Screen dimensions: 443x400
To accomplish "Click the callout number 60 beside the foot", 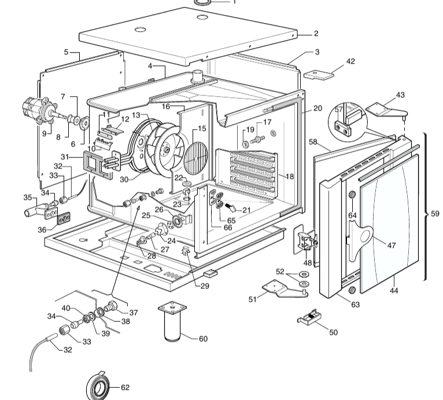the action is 203,339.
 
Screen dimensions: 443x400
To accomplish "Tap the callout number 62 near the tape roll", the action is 125,387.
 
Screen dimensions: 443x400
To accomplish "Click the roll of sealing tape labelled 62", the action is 98,386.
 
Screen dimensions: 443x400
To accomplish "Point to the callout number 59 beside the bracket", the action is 435,214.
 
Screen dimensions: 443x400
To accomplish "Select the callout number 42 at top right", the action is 350,61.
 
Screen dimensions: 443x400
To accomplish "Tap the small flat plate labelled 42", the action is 319,75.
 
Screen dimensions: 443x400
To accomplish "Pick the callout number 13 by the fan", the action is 136,115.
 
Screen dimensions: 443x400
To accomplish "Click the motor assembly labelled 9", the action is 39,111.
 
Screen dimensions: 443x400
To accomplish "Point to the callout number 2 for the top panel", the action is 316,34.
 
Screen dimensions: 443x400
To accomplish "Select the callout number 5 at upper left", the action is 66,52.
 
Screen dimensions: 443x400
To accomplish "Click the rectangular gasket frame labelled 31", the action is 98,165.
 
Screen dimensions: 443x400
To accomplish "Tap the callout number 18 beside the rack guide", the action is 290,177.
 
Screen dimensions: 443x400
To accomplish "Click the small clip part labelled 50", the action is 308,317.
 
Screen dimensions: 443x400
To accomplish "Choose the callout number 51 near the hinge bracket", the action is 253,299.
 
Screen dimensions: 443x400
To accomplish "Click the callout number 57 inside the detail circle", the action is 339,109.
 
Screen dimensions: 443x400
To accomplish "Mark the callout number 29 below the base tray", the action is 205,286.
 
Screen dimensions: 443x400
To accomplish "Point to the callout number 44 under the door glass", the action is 394,291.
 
